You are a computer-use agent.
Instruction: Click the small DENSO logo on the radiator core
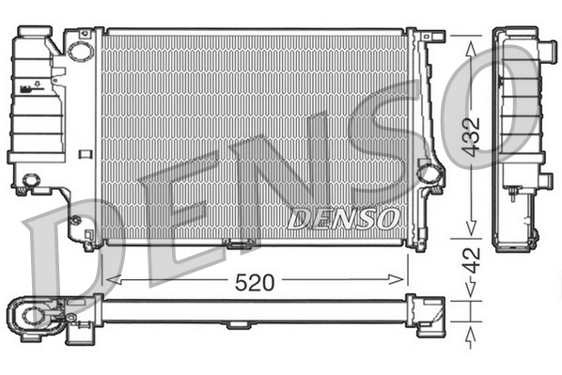(344, 218)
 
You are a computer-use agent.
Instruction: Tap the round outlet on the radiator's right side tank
(429, 174)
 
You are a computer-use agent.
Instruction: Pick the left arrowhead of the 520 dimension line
(110, 279)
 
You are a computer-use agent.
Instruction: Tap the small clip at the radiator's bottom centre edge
(241, 246)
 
